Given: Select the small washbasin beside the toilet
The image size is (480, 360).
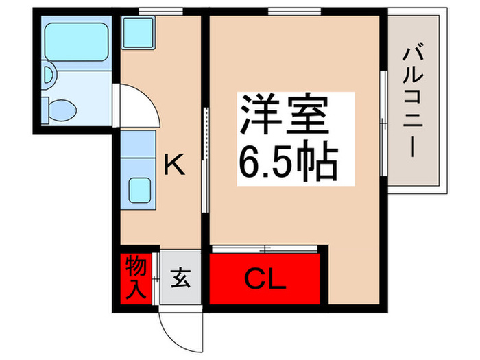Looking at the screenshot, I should [x=48, y=74].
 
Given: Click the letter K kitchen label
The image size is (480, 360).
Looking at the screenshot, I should [x=173, y=165].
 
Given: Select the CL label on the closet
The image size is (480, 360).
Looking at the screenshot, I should [x=265, y=279].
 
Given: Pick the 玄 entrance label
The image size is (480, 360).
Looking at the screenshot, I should [x=180, y=279].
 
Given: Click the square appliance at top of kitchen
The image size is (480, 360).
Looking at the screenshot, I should [x=140, y=31].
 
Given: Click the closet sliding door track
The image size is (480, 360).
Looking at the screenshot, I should [x=265, y=247].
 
